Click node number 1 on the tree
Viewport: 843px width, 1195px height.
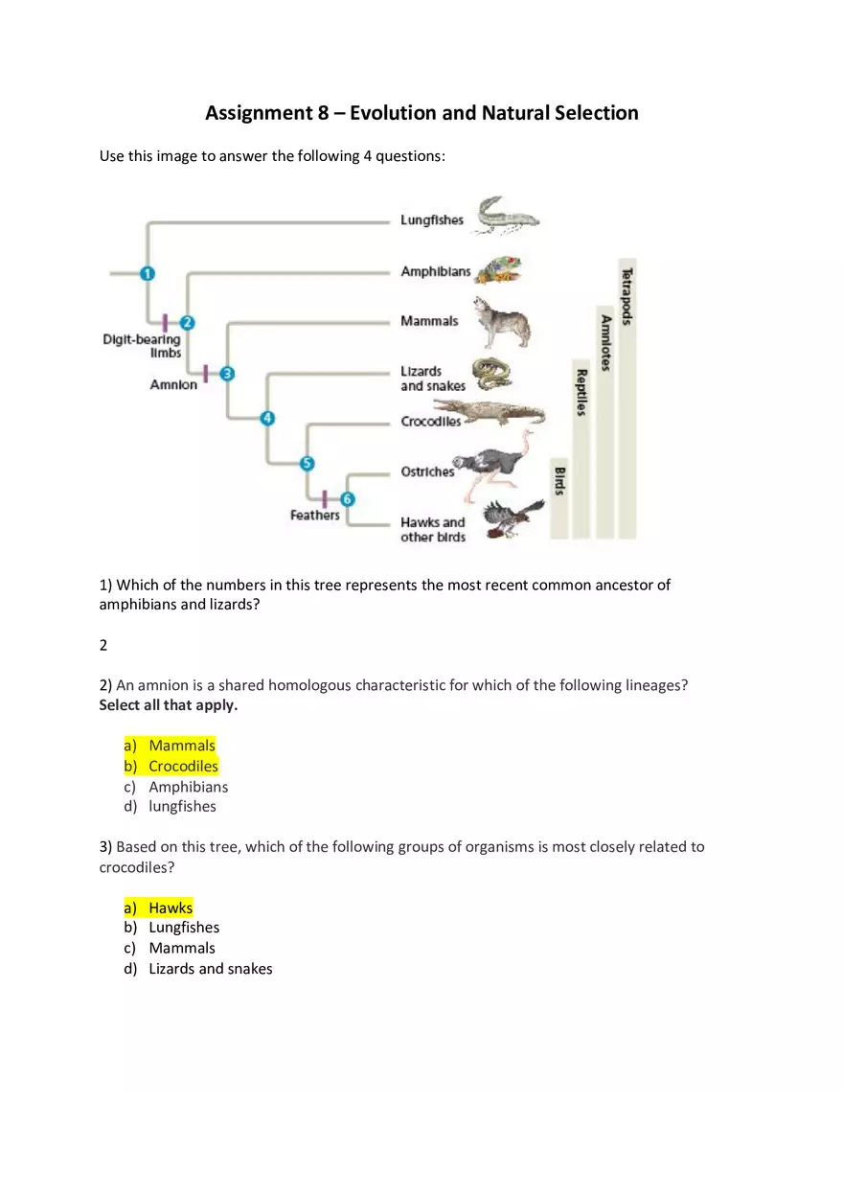coord(147,274)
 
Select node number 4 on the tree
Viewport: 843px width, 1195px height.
coord(267,418)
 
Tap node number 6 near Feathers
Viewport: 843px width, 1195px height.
coord(347,499)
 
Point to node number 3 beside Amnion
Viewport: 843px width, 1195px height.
coord(227,374)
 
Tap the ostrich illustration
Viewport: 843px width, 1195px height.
coord(504,464)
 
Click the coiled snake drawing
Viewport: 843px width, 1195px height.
coord(491,374)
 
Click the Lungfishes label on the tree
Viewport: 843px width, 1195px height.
coord(431,220)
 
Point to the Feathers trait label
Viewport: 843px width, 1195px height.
coord(315,516)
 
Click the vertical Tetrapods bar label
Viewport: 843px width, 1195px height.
coord(627,296)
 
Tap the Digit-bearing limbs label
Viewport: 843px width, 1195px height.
coord(142,346)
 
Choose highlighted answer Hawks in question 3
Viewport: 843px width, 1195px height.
coord(171,908)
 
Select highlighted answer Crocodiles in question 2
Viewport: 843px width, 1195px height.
coord(183,767)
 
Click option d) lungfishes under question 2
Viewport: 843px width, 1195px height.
coord(182,807)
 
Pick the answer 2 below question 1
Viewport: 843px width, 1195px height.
coord(103,646)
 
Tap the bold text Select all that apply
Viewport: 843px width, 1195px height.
coord(168,705)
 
